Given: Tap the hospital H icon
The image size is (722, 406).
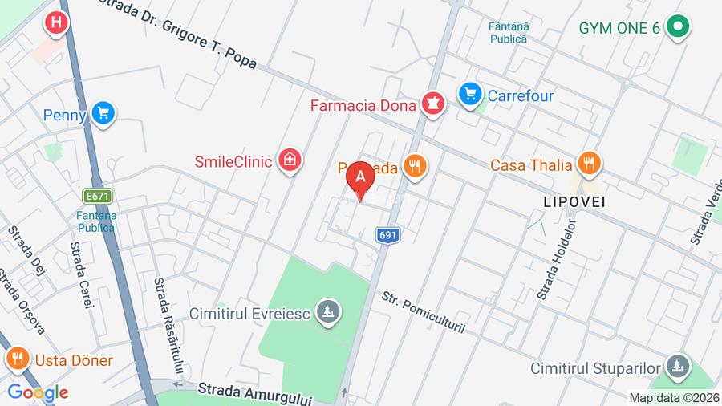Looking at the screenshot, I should point(55,23).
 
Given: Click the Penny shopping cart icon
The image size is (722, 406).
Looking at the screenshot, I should point(103,114).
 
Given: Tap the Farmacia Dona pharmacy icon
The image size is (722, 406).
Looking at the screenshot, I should point(434,104).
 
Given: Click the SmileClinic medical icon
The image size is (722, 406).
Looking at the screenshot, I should point(287,160).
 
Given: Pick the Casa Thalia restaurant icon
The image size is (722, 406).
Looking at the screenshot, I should point(590,164).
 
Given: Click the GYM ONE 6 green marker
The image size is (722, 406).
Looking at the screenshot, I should point(679,27).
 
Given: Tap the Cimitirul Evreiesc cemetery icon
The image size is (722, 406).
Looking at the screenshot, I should point(327,312).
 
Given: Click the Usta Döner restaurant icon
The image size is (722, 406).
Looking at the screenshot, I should point(17,359).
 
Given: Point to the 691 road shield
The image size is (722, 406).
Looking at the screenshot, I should point(387,234).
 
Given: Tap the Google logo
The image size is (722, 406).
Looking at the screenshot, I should point(38,392).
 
